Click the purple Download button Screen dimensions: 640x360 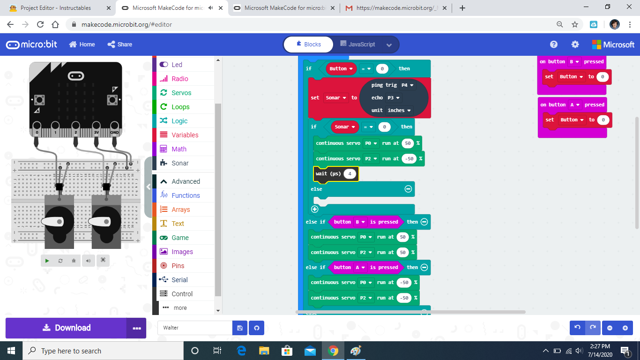point(66,328)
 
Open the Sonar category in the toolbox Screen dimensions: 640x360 point(180,163)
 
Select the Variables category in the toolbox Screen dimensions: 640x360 point(185,135)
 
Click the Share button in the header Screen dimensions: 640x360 point(120,45)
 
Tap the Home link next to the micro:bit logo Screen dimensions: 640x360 point(82,45)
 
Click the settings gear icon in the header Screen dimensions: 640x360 point(575,45)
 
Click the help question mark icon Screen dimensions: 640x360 point(554,45)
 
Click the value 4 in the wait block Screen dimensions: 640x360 point(350,173)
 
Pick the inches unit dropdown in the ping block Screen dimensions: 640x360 point(399,110)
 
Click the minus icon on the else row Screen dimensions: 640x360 point(408,189)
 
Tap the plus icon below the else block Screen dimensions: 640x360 point(314,210)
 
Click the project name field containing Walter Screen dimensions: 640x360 point(195,328)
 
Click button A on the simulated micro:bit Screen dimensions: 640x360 point(39,100)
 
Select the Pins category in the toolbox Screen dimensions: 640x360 point(178,266)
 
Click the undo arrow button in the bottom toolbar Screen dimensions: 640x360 point(577,328)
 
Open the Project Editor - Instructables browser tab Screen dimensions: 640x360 point(56,8)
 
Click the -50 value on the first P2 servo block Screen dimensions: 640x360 point(409,159)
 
